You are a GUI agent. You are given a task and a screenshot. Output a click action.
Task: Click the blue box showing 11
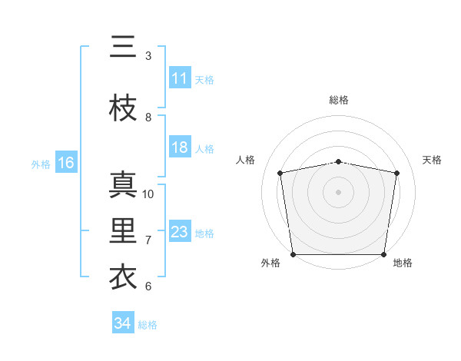[180, 78]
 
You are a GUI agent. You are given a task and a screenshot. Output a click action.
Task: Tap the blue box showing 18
[180, 148]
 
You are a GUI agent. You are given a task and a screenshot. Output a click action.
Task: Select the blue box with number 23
[180, 232]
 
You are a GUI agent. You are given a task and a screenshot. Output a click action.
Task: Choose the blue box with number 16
[65, 163]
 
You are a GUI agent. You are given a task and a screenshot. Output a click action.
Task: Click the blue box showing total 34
[123, 323]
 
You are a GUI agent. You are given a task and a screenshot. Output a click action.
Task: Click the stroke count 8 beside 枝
[148, 118]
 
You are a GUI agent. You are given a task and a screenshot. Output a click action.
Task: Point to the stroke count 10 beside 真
[148, 194]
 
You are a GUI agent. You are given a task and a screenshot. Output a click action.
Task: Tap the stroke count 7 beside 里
[148, 240]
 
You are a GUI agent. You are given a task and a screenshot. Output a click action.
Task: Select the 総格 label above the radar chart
[339, 100]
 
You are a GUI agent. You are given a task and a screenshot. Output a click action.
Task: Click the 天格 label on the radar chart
[432, 160]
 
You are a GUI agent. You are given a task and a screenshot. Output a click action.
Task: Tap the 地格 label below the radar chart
[403, 263]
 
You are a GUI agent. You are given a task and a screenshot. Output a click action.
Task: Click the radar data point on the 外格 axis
[293, 254]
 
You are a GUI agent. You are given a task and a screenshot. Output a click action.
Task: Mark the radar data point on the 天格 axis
[396, 173]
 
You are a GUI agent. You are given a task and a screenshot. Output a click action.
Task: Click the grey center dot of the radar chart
[339, 191]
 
